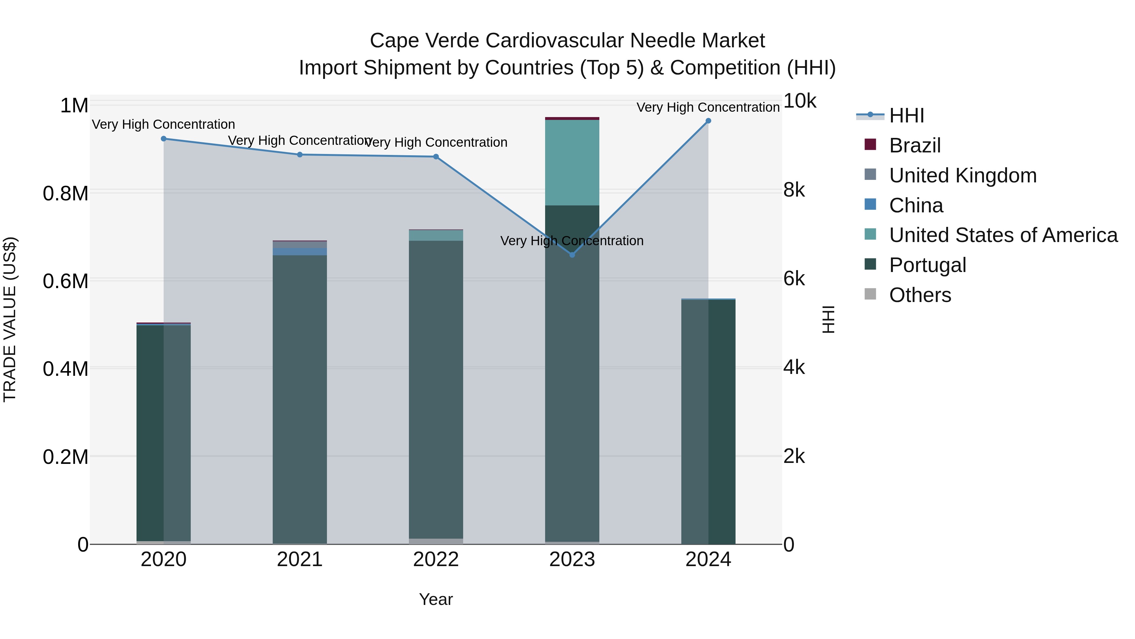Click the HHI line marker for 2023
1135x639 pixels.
[572, 255]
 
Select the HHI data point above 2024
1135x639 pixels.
[708, 121]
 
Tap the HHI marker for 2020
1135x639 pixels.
[163, 139]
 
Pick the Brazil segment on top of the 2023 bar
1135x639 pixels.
[572, 119]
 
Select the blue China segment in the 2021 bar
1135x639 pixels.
[300, 251]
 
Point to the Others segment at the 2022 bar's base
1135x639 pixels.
[436, 541]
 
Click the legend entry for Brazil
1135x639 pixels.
[914, 145]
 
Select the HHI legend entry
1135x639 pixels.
[906, 115]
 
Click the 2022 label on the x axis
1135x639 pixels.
[436, 559]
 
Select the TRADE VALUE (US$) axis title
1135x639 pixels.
[10, 319]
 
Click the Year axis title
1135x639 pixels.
[436, 599]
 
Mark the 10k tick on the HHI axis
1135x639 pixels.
[799, 101]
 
